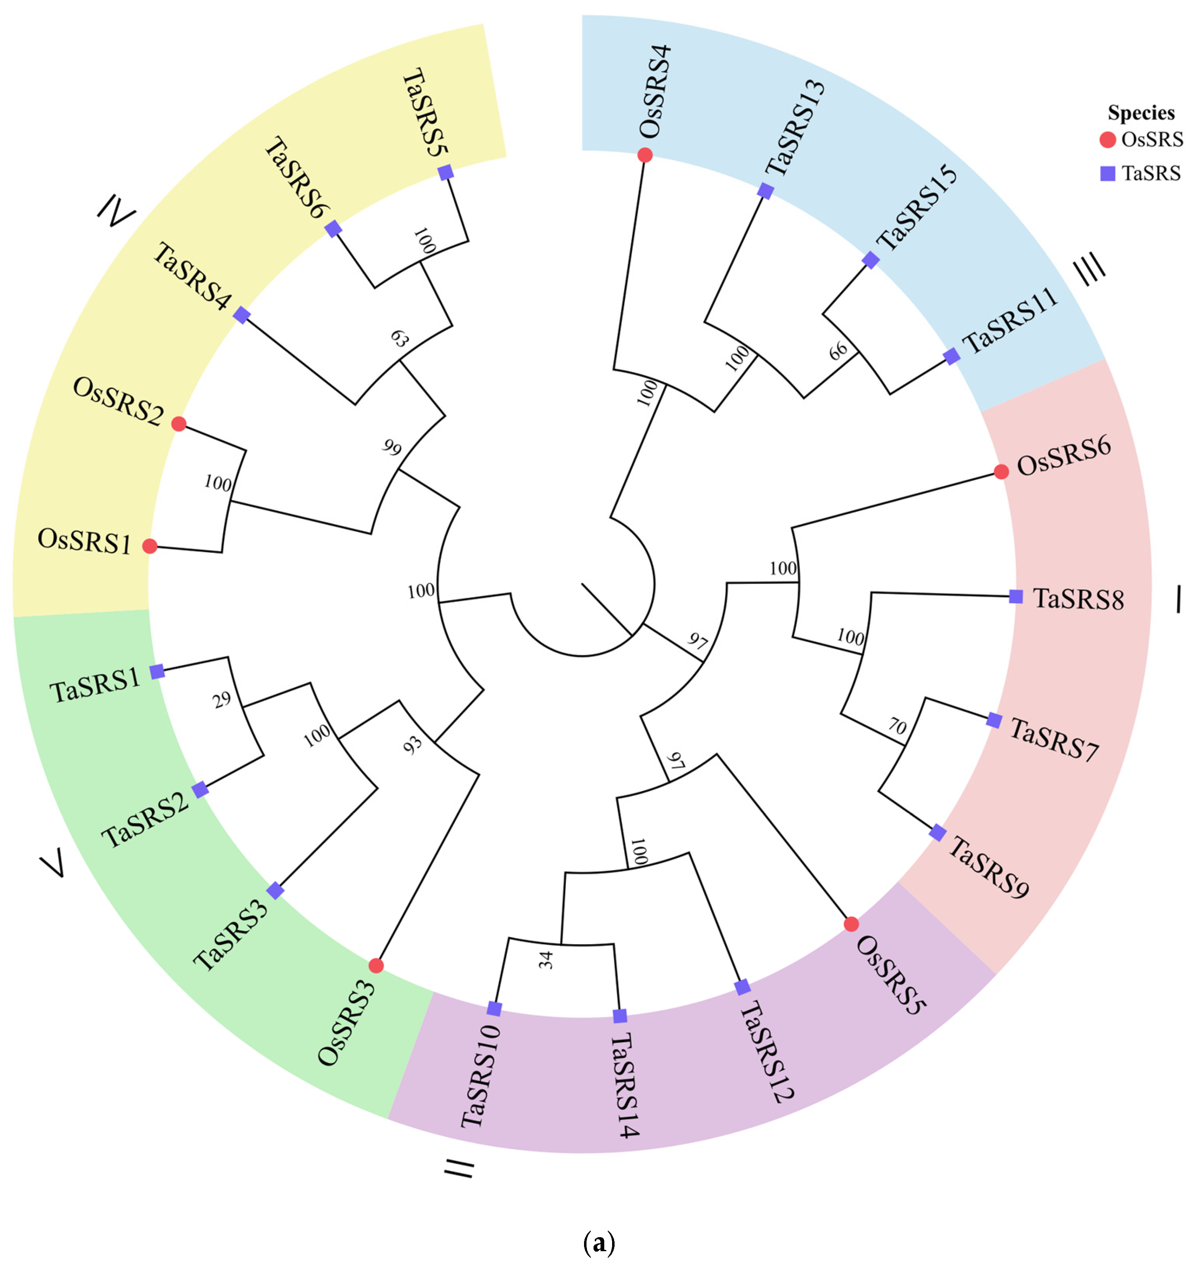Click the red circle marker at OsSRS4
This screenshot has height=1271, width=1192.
[645, 155]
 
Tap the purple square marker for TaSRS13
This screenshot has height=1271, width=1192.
[766, 191]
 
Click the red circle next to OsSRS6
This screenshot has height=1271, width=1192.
[1001, 472]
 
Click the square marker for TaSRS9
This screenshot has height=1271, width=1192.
[937, 832]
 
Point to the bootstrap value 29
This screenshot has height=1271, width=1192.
[222, 700]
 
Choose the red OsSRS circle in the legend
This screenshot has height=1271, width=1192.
[1107, 140]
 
